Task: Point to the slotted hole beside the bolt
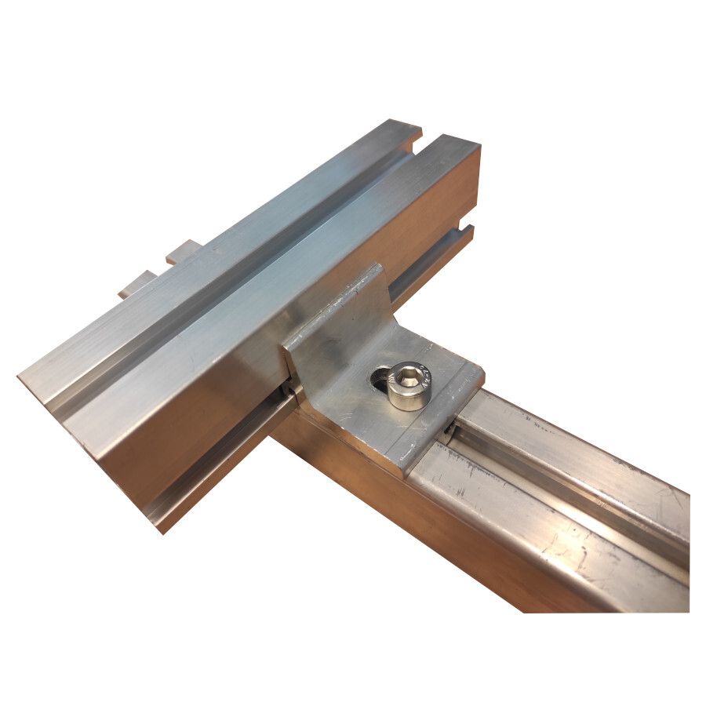[x=380, y=380]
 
